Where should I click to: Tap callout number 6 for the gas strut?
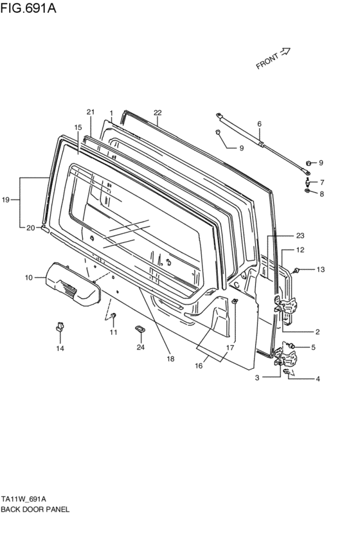[259, 124]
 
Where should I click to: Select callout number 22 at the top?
[157, 112]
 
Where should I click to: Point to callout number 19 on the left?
[6, 201]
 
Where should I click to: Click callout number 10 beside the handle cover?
[28, 278]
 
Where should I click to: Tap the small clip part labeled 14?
[59, 327]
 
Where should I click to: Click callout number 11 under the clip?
[113, 332]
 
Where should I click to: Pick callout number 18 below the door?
[170, 359]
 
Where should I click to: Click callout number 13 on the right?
[321, 269]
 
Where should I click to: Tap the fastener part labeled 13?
[298, 270]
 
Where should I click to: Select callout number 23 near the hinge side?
[300, 235]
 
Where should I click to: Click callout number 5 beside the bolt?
[313, 348]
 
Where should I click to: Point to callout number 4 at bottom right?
[317, 379]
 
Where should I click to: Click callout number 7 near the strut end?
[321, 182]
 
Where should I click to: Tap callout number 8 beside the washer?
[321, 193]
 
